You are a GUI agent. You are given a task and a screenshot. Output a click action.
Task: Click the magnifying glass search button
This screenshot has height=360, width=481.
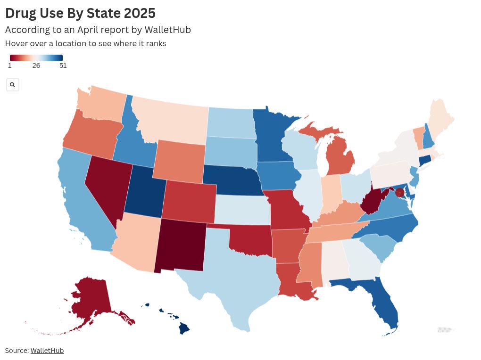(12, 85)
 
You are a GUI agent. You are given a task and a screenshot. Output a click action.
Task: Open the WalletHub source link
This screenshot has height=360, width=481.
(47, 351)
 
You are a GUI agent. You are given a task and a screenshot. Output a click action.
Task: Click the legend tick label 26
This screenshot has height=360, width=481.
(36, 66)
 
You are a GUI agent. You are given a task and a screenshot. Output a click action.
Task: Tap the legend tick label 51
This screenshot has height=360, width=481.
(63, 66)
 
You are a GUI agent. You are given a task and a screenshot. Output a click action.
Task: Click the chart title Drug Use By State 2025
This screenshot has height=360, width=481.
(80, 13)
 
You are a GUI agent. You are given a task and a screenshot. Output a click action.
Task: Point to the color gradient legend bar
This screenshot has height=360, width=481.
(36, 58)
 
